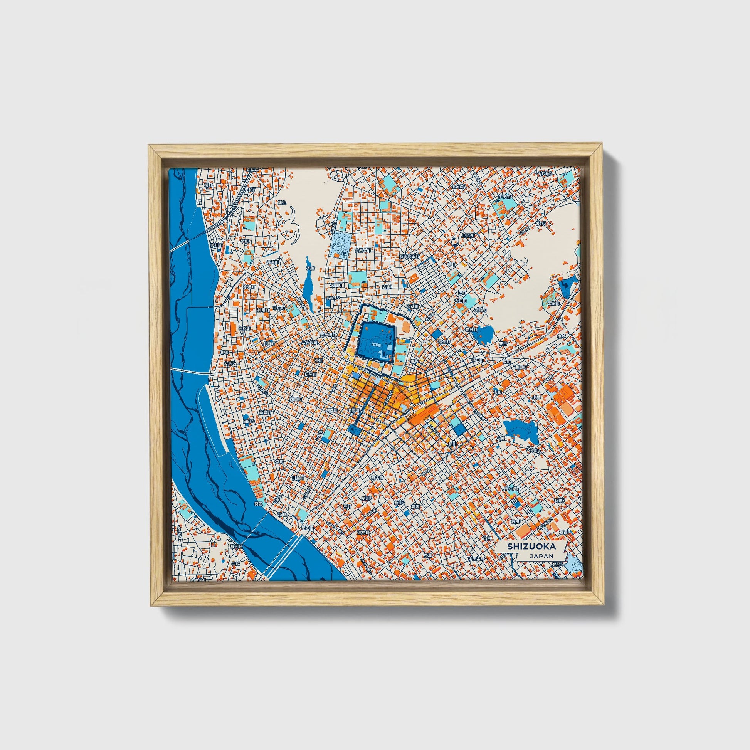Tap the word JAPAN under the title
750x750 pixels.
click(541, 556)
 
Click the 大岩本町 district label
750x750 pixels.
click(363, 251)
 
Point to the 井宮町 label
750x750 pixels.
click(273, 262)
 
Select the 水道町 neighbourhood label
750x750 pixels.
click(250, 287)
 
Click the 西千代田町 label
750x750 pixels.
click(409, 257)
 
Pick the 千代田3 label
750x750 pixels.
click(505, 197)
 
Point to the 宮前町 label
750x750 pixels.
click(554, 304)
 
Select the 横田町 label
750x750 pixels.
click(477, 360)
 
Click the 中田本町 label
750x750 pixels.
click(476, 558)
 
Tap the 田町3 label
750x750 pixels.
click(248, 421)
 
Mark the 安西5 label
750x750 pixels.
click(229, 364)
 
